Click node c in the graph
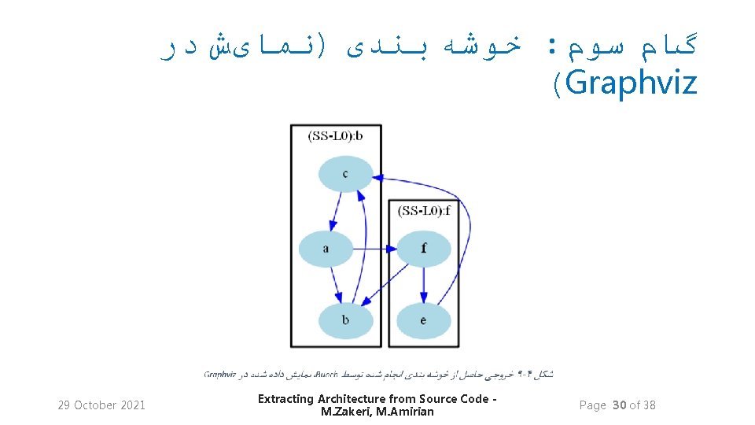tap(345, 174)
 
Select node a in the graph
tap(326, 249)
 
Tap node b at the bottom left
tap(345, 320)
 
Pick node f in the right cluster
tap(423, 249)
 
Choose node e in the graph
tap(423, 320)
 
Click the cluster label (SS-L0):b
tap(336, 135)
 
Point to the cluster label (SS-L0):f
tap(424, 210)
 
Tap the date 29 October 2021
tap(101, 405)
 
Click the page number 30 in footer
tap(619, 405)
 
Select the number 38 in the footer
tap(648, 405)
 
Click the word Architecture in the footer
tap(349, 399)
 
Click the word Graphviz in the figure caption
tap(219, 375)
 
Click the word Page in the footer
tap(592, 405)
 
